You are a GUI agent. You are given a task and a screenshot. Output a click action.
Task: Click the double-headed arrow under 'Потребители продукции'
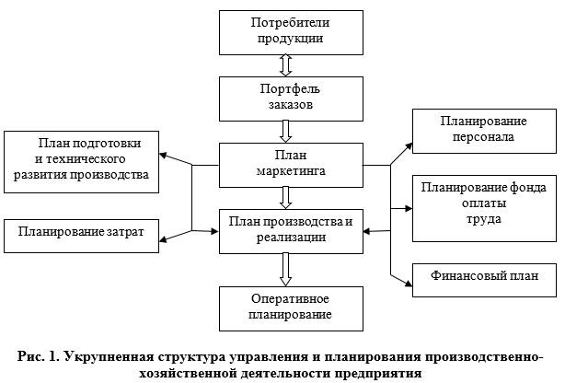pyautogui.click(x=285, y=64)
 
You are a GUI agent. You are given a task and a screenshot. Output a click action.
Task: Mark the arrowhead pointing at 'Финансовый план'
pyautogui.click(x=407, y=277)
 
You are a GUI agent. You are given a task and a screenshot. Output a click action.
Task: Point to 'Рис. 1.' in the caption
pyautogui.click(x=40, y=357)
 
